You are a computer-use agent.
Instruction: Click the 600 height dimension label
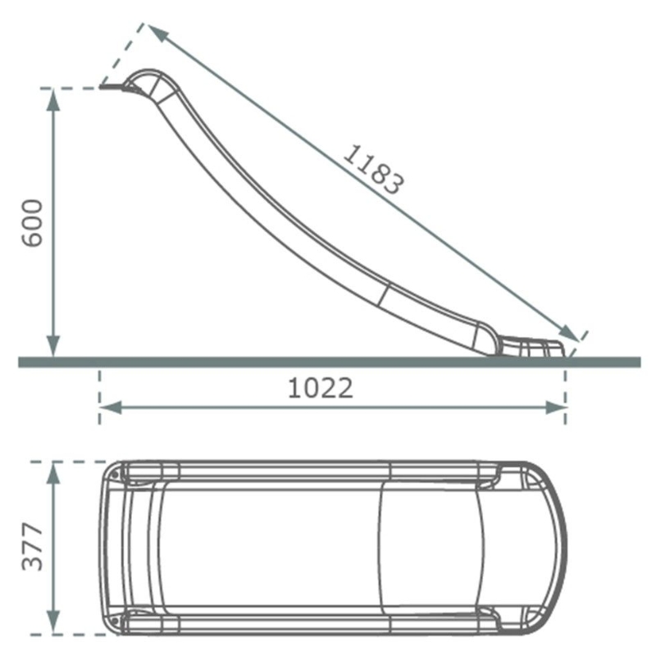click(32, 223)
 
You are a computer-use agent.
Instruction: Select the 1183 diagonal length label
click(374, 170)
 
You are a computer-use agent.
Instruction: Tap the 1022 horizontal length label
click(321, 388)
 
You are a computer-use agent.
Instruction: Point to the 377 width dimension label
click(32, 546)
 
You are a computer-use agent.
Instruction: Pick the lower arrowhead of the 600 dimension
click(52, 346)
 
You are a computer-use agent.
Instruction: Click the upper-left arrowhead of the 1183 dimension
click(157, 32)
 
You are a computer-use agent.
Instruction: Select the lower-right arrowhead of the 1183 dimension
click(569, 333)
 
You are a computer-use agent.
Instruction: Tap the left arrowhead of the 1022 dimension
click(111, 408)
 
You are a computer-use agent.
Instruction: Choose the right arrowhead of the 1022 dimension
click(556, 408)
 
